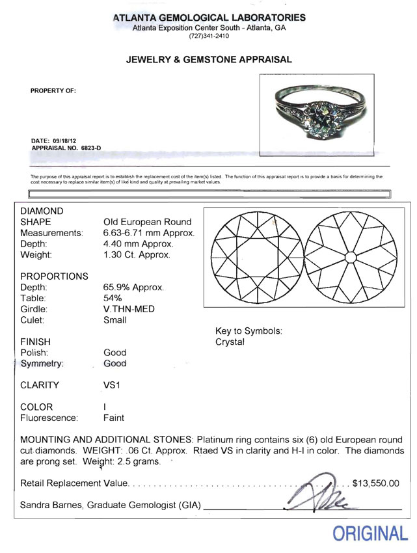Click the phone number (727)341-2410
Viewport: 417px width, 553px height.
(x=209, y=36)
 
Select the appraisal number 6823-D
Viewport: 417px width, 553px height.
(x=90, y=149)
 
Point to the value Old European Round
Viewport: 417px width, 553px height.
(x=148, y=222)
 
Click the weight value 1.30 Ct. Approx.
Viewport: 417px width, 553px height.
(x=137, y=255)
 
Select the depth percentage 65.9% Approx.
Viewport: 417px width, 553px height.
(x=133, y=287)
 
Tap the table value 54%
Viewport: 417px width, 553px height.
(x=113, y=298)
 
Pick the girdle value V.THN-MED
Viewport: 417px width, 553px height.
(x=129, y=309)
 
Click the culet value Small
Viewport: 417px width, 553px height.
(x=115, y=320)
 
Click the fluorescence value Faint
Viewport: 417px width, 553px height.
(x=114, y=418)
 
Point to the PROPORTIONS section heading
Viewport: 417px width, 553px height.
(x=54, y=276)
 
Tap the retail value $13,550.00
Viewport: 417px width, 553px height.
(x=375, y=483)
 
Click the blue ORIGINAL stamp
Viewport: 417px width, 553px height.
(x=370, y=533)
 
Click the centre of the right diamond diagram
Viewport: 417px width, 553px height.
(x=350, y=257)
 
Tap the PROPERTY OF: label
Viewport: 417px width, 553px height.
(x=53, y=90)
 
